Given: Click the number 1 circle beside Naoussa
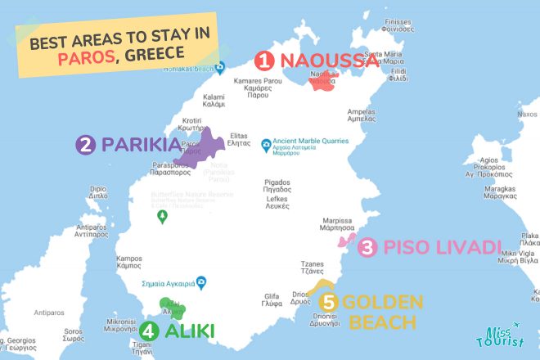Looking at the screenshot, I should pyautogui.click(x=264, y=61).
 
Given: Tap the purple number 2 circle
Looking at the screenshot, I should pyautogui.click(x=85, y=146).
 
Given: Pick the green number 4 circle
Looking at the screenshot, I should pyautogui.click(x=148, y=331).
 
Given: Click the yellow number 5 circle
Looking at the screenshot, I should pyautogui.click(x=328, y=302).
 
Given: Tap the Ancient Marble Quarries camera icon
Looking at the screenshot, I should pyautogui.click(x=266, y=146).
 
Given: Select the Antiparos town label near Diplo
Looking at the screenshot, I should pyautogui.click(x=92, y=230).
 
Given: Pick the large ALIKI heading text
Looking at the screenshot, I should pyautogui.click(x=189, y=331).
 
